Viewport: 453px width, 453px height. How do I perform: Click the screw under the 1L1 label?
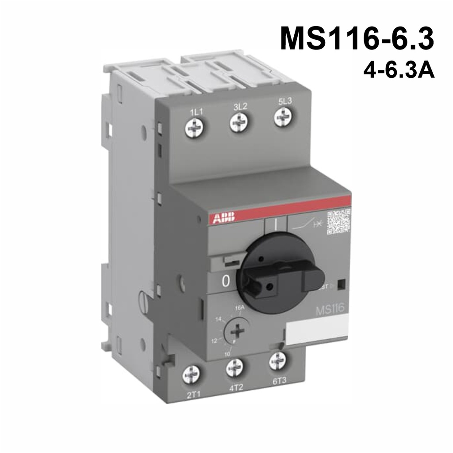pyautogui.click(x=193, y=128)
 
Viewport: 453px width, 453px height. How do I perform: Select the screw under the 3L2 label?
pyautogui.click(x=238, y=122)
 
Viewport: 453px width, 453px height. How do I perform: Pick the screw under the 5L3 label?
pyautogui.click(x=282, y=117)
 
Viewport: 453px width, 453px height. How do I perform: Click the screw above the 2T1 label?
pyautogui.click(x=191, y=376)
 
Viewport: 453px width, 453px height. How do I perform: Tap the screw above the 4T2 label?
pyautogui.click(x=234, y=368)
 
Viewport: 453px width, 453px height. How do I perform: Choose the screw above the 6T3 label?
pyautogui.click(x=277, y=361)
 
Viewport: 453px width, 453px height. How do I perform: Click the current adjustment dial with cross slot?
pyautogui.click(x=235, y=331)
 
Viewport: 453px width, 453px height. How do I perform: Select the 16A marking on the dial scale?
pyautogui.click(x=239, y=307)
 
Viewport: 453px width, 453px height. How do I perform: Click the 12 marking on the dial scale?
pyautogui.click(x=215, y=341)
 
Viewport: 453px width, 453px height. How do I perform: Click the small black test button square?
pyautogui.click(x=341, y=284)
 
